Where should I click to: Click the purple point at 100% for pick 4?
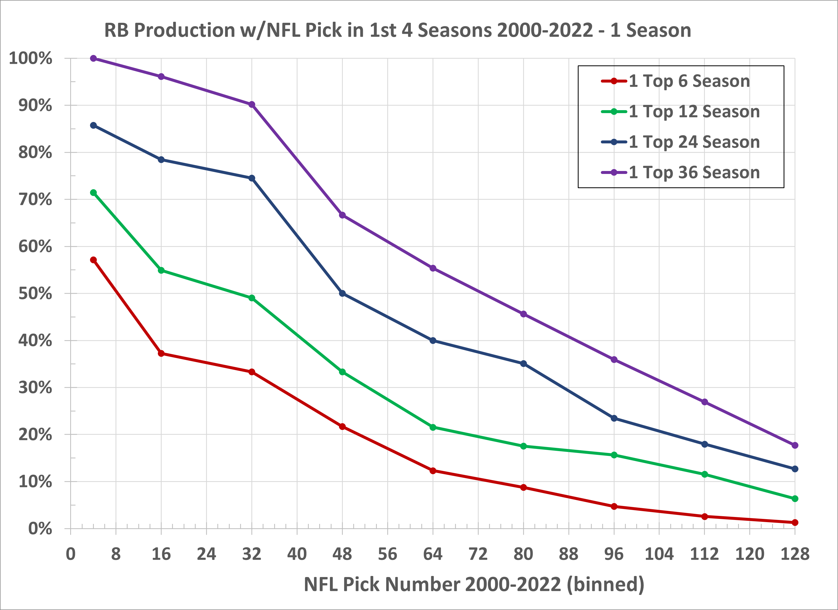pyautogui.click(x=94, y=58)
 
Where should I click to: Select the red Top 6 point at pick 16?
pyautogui.click(x=161, y=354)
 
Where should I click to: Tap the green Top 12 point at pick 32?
pyautogui.click(x=252, y=298)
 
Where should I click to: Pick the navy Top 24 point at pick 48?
pyautogui.click(x=342, y=293)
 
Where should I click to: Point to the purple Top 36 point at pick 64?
pyautogui.click(x=433, y=268)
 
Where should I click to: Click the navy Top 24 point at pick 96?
pyautogui.click(x=614, y=418)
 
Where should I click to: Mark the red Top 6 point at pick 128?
pyautogui.click(x=795, y=522)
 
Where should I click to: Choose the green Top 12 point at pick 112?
pyautogui.click(x=705, y=474)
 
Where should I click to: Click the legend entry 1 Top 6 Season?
pyautogui.click(x=689, y=81)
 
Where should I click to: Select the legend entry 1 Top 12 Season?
pyautogui.click(x=694, y=111)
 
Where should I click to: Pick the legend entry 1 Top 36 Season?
pyautogui.click(x=694, y=173)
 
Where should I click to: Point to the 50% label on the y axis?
pyautogui.click(x=35, y=294)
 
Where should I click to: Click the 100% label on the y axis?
pyautogui.click(x=31, y=58)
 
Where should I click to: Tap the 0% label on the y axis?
pyautogui.click(x=40, y=529)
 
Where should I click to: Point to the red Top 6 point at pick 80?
pyautogui.click(x=523, y=488)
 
